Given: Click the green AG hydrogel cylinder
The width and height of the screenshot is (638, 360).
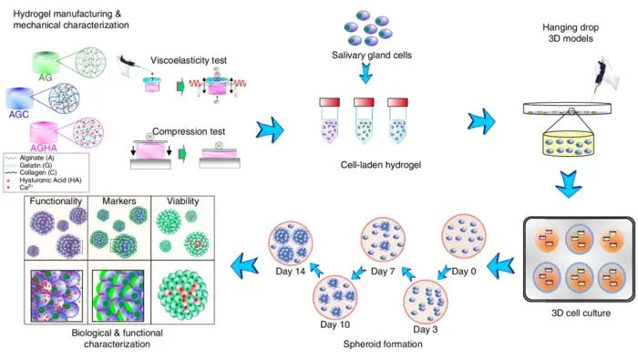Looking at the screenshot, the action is [46, 62].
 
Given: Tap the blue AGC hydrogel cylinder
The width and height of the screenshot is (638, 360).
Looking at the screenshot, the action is [19, 98].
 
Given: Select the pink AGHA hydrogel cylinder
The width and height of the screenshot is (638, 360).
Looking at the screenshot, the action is [44, 133].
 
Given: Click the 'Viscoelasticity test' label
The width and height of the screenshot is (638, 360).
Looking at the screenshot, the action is [189, 60].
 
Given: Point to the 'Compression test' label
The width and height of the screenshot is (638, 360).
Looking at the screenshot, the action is [189, 131].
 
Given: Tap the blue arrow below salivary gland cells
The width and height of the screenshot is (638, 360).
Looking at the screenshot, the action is [365, 73].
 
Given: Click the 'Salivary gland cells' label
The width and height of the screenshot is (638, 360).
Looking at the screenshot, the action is [372, 55].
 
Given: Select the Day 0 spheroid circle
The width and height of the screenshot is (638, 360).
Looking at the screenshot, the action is [463, 236].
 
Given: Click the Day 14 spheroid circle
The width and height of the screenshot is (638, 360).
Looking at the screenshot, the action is [290, 243].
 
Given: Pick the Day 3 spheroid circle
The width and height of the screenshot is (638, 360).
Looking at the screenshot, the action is [426, 302].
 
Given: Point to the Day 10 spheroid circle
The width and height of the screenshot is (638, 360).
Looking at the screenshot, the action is [334, 298].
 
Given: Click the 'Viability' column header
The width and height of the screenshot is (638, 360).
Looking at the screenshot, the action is [182, 201].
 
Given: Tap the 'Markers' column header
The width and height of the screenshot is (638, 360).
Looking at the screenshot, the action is [119, 201].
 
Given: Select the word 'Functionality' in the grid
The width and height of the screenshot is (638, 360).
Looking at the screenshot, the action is [56, 201].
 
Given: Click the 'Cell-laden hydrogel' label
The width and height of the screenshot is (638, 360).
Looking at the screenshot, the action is [381, 165].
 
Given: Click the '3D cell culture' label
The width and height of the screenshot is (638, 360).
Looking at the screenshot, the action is [581, 313].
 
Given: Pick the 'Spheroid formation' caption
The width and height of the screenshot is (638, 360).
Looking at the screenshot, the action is [383, 345].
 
